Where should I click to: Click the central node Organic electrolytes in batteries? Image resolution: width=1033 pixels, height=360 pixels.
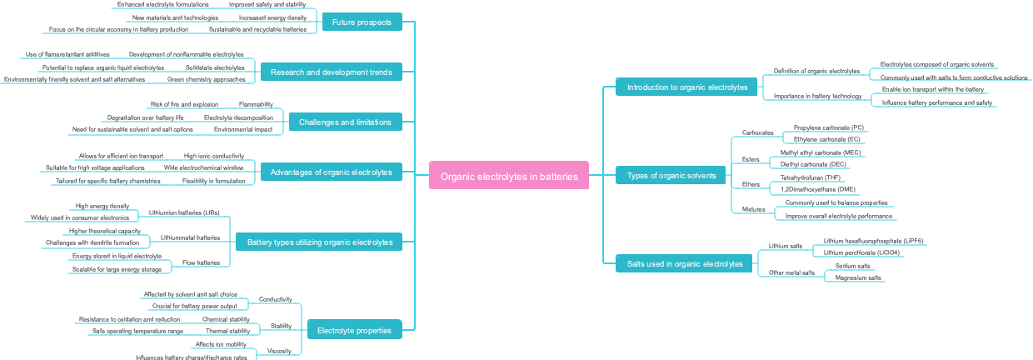point(509,176)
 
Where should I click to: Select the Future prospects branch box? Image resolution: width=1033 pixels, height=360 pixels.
point(362,22)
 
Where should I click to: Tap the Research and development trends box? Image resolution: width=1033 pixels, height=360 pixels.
point(331,72)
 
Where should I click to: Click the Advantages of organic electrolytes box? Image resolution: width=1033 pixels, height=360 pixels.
point(331,172)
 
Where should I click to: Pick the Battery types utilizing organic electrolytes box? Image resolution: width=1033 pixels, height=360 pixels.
point(319,242)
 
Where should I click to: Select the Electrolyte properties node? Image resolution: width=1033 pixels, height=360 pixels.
point(354,330)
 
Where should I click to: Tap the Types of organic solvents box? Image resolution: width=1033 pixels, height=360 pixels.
point(671,176)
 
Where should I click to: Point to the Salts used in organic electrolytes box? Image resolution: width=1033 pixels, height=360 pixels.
point(684,264)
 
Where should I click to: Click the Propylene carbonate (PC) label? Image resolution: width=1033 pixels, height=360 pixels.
point(828,127)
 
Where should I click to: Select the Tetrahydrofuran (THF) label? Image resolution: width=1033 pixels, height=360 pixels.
point(811,177)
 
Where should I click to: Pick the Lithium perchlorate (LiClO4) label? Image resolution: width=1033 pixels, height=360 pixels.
point(861,252)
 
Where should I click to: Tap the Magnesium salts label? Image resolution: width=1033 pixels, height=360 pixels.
point(858,277)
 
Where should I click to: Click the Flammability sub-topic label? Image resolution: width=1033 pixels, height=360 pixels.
point(256,104)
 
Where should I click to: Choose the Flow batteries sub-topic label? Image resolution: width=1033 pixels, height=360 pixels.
point(202,262)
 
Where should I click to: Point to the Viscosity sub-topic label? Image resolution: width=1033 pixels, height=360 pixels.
point(279,351)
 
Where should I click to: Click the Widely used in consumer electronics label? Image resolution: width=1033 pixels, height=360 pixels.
point(80,217)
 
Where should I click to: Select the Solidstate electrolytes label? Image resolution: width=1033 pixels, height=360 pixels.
point(215,67)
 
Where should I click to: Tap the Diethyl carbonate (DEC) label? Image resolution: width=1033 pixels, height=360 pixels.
point(813,164)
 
